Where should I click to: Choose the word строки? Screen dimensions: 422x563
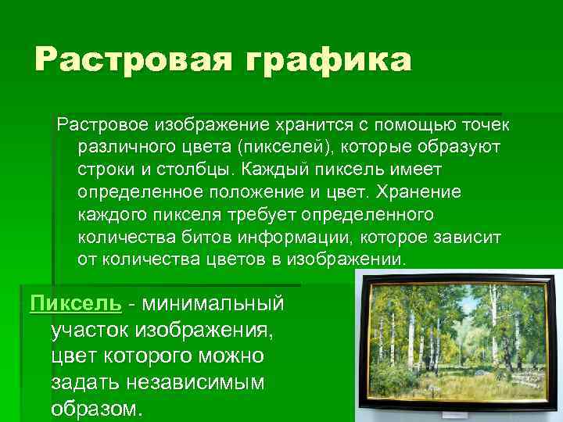click(107, 170)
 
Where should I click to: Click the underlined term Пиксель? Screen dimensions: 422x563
click(75, 303)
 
